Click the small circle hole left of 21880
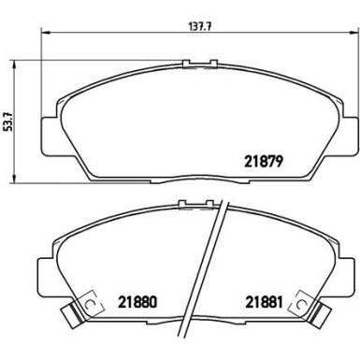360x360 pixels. [x=91, y=304]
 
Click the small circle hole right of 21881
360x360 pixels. [x=300, y=304]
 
